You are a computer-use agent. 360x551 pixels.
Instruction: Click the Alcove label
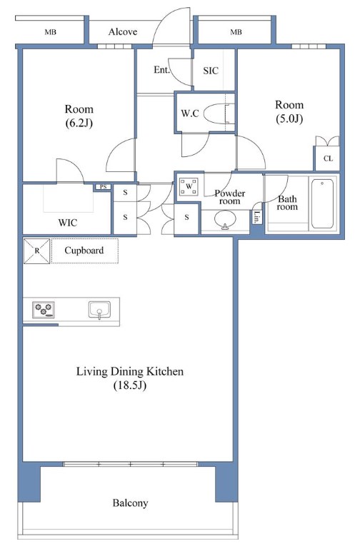coord(123,32)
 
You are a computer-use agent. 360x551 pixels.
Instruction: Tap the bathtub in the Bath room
coord(322,203)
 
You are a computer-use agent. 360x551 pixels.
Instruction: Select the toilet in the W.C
coord(219,113)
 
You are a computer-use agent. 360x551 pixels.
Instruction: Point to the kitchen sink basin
coord(99,310)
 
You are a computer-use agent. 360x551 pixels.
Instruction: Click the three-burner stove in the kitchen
coord(44,310)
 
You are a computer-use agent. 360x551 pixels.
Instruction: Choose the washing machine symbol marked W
coord(189,186)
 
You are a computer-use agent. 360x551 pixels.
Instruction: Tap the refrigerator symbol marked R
coord(37,251)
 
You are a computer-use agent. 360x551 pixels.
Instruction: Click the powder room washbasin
coord(225,220)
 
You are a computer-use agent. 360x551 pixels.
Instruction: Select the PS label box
coord(103,187)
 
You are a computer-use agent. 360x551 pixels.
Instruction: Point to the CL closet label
coord(328,158)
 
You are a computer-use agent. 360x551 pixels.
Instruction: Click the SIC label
coord(211,71)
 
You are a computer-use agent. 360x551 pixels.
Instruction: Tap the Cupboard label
coord(84,251)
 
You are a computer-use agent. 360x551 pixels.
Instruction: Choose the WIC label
coord(67,223)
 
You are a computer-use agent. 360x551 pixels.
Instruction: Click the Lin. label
coord(258,218)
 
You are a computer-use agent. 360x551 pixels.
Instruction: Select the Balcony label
coord(130,503)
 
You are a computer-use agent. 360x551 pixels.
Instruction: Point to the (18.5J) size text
coord(130,385)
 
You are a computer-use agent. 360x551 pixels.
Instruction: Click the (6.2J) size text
coord(79,123)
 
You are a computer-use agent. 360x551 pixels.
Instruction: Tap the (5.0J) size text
coord(289,118)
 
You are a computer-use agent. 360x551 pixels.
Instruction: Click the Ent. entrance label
coord(161,70)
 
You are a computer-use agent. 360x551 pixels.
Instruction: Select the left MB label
coord(50,32)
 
